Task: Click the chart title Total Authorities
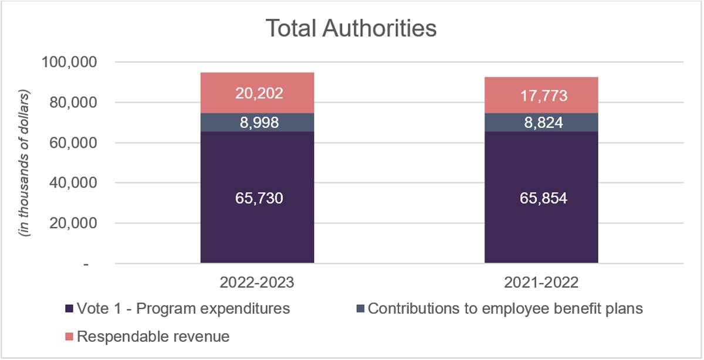pyautogui.click(x=351, y=28)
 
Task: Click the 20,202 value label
pyautogui.click(x=257, y=93)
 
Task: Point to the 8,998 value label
pyautogui.click(x=257, y=123)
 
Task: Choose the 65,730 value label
pyautogui.click(x=257, y=198)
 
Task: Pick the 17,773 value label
pyautogui.click(x=541, y=95)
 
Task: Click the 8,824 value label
pyautogui.click(x=541, y=123)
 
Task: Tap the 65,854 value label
pyautogui.click(x=541, y=198)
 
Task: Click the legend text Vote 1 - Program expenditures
pyautogui.click(x=183, y=309)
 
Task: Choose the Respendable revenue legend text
pyautogui.click(x=153, y=337)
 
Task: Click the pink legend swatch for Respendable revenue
pyautogui.click(x=69, y=337)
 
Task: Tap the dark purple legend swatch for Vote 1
pyautogui.click(x=69, y=309)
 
